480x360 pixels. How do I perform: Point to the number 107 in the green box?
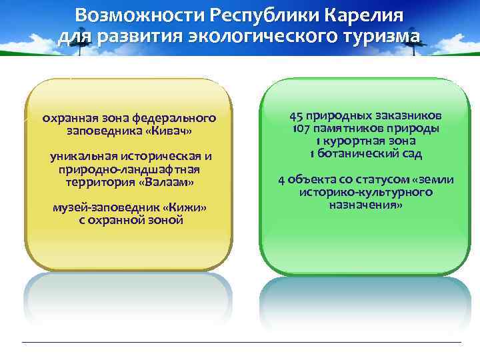point(301,128)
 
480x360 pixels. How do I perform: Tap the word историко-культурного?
point(365,192)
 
